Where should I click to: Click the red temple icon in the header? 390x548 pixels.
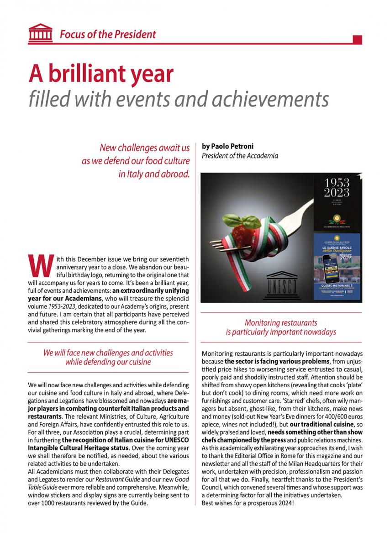[x=40, y=33]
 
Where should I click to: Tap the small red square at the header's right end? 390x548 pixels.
[x=358, y=39]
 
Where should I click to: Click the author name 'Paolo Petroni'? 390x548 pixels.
[x=228, y=147]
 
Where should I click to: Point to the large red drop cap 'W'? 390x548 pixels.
[x=39, y=265]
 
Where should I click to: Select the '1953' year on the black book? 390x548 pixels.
[x=337, y=183]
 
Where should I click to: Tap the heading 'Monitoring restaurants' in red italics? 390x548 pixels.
[x=280, y=323]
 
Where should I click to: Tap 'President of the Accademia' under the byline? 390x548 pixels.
[x=240, y=156]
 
